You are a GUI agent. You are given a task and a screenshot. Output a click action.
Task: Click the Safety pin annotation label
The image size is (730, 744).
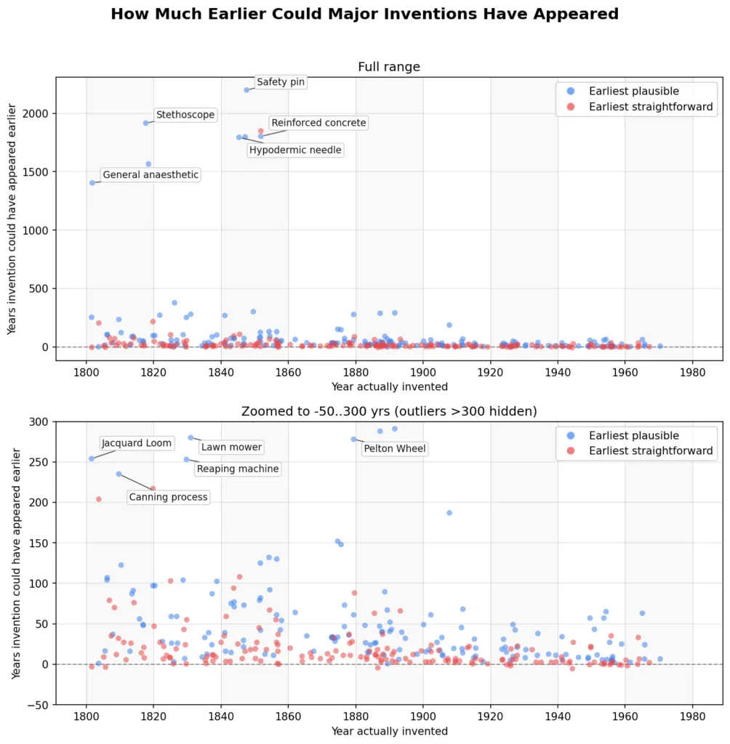click(281, 82)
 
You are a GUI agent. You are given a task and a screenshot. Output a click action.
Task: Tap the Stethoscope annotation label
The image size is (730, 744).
click(185, 115)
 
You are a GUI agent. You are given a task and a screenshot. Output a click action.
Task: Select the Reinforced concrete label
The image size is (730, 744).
click(318, 123)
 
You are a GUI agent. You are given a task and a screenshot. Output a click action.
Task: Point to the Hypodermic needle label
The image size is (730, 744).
click(295, 150)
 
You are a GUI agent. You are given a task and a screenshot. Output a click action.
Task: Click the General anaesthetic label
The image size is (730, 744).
click(151, 174)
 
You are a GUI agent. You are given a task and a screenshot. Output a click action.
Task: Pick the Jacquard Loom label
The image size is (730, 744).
click(136, 443)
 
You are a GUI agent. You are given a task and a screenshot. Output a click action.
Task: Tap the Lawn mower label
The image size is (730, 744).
click(231, 447)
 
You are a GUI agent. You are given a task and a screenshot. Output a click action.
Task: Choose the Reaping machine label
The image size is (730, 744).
click(238, 469)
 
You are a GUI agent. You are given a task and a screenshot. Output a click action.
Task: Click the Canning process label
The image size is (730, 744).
click(168, 497)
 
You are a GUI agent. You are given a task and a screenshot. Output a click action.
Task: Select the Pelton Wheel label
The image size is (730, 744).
click(395, 449)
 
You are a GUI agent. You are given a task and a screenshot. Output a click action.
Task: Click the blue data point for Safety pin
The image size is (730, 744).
click(246, 90)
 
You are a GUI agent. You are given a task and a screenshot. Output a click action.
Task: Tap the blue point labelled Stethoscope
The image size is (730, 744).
click(146, 124)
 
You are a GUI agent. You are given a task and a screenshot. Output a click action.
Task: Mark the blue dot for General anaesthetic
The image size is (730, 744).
click(92, 183)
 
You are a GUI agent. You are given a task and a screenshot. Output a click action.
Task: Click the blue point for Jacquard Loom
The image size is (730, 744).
click(92, 459)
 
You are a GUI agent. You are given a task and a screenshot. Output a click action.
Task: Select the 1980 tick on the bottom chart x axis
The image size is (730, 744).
click(692, 716)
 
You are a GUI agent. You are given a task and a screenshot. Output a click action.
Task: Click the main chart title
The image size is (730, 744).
click(365, 15)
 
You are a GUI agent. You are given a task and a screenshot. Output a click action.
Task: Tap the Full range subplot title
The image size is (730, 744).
click(389, 67)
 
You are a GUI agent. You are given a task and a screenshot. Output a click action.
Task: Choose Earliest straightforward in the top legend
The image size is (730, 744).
click(651, 107)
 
